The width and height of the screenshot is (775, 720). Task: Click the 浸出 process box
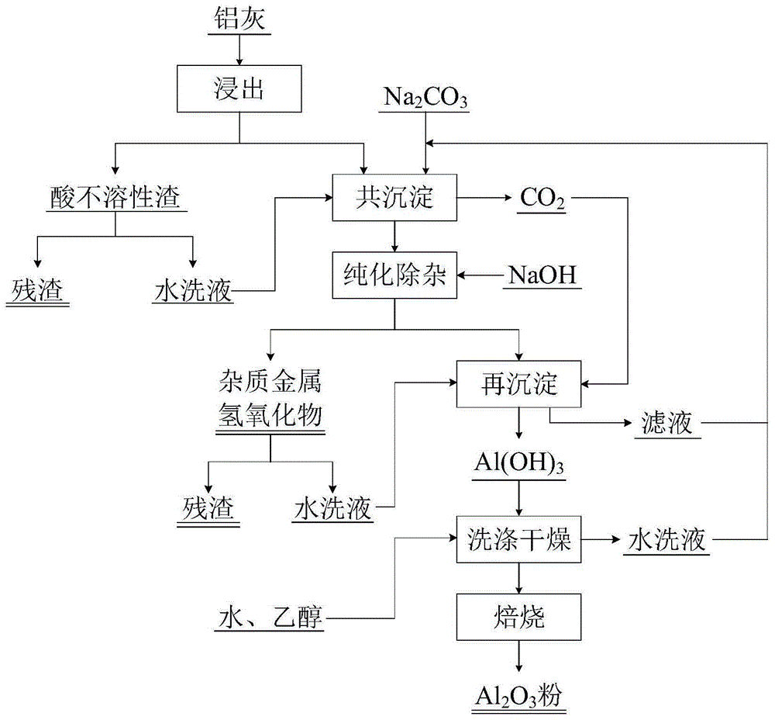(x=238, y=89)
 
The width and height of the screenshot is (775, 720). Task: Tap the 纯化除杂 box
(x=394, y=275)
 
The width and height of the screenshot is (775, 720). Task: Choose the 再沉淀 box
(x=518, y=383)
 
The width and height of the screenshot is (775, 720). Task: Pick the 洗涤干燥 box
(x=518, y=539)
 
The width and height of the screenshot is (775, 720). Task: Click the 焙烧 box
(x=518, y=618)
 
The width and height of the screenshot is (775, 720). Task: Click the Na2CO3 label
(x=425, y=99)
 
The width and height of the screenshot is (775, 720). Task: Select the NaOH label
(x=542, y=275)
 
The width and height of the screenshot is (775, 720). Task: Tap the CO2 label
(x=542, y=199)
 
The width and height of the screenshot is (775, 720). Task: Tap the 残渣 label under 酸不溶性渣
(x=37, y=290)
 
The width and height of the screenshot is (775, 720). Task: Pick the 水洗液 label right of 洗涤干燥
(x=666, y=540)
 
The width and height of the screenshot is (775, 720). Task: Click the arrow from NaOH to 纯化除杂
(x=480, y=275)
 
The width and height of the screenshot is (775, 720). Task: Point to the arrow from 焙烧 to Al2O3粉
(x=518, y=657)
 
